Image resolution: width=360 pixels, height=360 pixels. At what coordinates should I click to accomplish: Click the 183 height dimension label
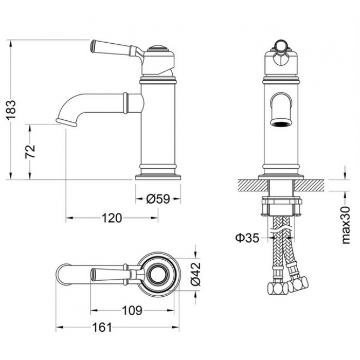click(11, 110)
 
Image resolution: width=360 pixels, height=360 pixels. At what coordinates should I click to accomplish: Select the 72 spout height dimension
click(30, 152)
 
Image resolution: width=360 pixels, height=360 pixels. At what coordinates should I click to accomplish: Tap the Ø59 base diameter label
click(158, 199)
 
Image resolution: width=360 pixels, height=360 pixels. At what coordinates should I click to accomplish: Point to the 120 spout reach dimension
click(112, 218)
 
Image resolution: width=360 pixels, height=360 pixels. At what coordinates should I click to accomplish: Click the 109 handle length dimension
click(132, 311)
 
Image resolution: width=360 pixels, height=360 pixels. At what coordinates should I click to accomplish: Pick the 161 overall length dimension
click(102, 327)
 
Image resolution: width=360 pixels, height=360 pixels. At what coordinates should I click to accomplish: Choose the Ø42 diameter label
click(195, 274)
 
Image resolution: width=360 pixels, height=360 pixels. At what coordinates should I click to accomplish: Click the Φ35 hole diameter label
click(247, 238)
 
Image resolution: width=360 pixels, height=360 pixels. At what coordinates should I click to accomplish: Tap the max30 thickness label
click(346, 225)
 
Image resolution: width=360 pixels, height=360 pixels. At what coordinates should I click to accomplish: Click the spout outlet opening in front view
click(281, 123)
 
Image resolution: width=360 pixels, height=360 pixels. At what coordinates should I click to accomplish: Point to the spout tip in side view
click(66, 122)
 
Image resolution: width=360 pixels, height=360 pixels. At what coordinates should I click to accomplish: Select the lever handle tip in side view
click(92, 46)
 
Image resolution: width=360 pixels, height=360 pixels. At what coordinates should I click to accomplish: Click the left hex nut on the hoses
click(278, 288)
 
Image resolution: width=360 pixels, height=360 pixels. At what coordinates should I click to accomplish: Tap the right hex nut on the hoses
click(298, 284)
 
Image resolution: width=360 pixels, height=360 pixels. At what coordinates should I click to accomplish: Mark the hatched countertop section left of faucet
click(253, 185)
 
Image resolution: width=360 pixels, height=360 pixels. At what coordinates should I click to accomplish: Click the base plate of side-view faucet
click(158, 177)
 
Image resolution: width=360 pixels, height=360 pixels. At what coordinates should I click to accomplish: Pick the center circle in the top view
click(158, 274)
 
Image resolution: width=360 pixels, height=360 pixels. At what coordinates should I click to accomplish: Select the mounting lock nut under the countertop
click(281, 206)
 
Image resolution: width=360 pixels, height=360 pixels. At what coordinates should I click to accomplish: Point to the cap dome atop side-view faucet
click(158, 47)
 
